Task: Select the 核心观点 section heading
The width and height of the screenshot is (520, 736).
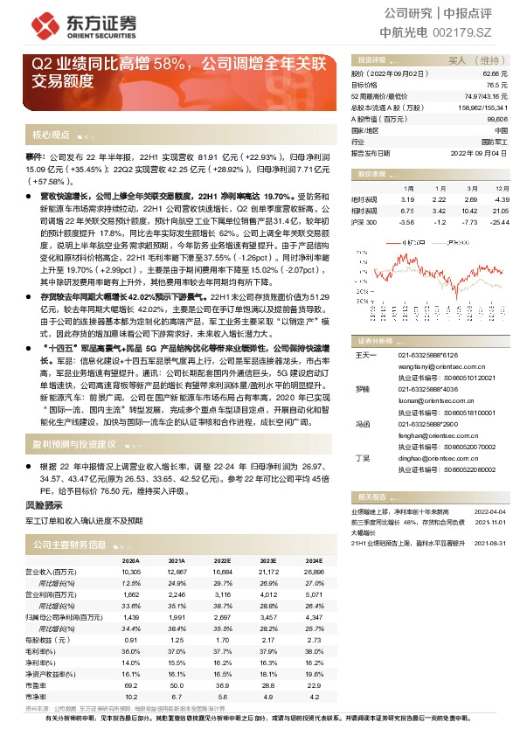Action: [51, 135]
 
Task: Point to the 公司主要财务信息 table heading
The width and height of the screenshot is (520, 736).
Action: [69, 544]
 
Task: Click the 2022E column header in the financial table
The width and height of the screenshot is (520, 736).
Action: [222, 560]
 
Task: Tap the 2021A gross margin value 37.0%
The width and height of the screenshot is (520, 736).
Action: [177, 650]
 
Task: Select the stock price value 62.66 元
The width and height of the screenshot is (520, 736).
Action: [495, 74]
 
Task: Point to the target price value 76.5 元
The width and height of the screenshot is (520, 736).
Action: [497, 86]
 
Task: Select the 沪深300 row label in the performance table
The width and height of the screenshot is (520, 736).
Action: [364, 223]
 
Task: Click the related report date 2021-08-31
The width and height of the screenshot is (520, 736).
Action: [490, 543]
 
